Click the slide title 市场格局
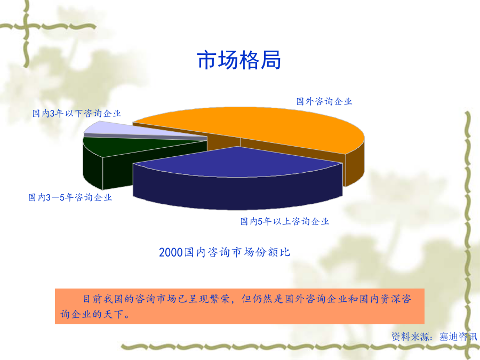239,60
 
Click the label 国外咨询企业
324,101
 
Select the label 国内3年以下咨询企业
76,114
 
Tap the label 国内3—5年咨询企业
70,197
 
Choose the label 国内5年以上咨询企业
284,221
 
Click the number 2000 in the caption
171,253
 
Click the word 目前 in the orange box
93,299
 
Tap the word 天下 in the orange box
113,314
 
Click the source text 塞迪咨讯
458,337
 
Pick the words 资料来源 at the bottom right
411,337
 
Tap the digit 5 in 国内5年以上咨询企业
260,222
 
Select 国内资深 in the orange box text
380,299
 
